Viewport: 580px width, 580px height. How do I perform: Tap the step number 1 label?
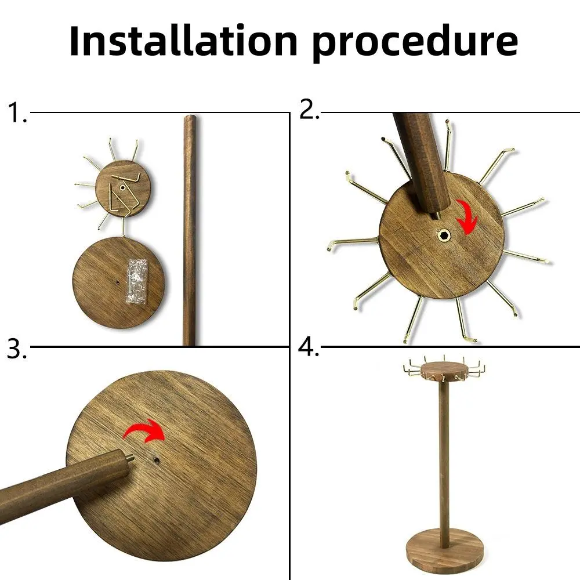pos(17,113)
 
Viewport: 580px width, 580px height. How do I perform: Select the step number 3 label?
pos(17,349)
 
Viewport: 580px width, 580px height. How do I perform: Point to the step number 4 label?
pos(308,347)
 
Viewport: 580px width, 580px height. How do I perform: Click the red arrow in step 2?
pos(467,217)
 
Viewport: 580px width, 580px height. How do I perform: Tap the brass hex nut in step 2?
pos(443,235)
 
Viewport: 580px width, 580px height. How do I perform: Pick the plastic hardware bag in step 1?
pos(136,282)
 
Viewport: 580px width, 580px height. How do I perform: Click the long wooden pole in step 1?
pos(190,230)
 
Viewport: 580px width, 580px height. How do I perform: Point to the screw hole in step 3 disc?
pos(157,461)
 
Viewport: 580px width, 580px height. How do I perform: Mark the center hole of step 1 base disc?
pos(117,282)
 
